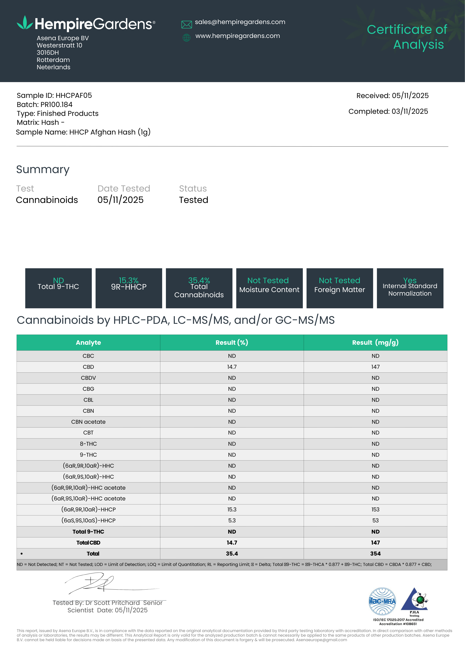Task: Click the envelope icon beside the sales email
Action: [186, 24]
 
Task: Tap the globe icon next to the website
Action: [186, 38]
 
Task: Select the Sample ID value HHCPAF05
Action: [74, 96]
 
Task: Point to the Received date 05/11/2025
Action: [410, 96]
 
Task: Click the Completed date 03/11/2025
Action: [410, 111]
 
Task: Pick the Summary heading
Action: [43, 169]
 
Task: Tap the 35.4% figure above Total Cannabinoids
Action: [199, 280]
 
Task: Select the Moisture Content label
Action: [269, 290]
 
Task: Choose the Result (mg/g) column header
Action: [375, 342]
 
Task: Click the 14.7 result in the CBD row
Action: [232, 367]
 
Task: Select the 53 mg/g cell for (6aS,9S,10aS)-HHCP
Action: [375, 520]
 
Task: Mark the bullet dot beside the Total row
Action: [22, 554]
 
